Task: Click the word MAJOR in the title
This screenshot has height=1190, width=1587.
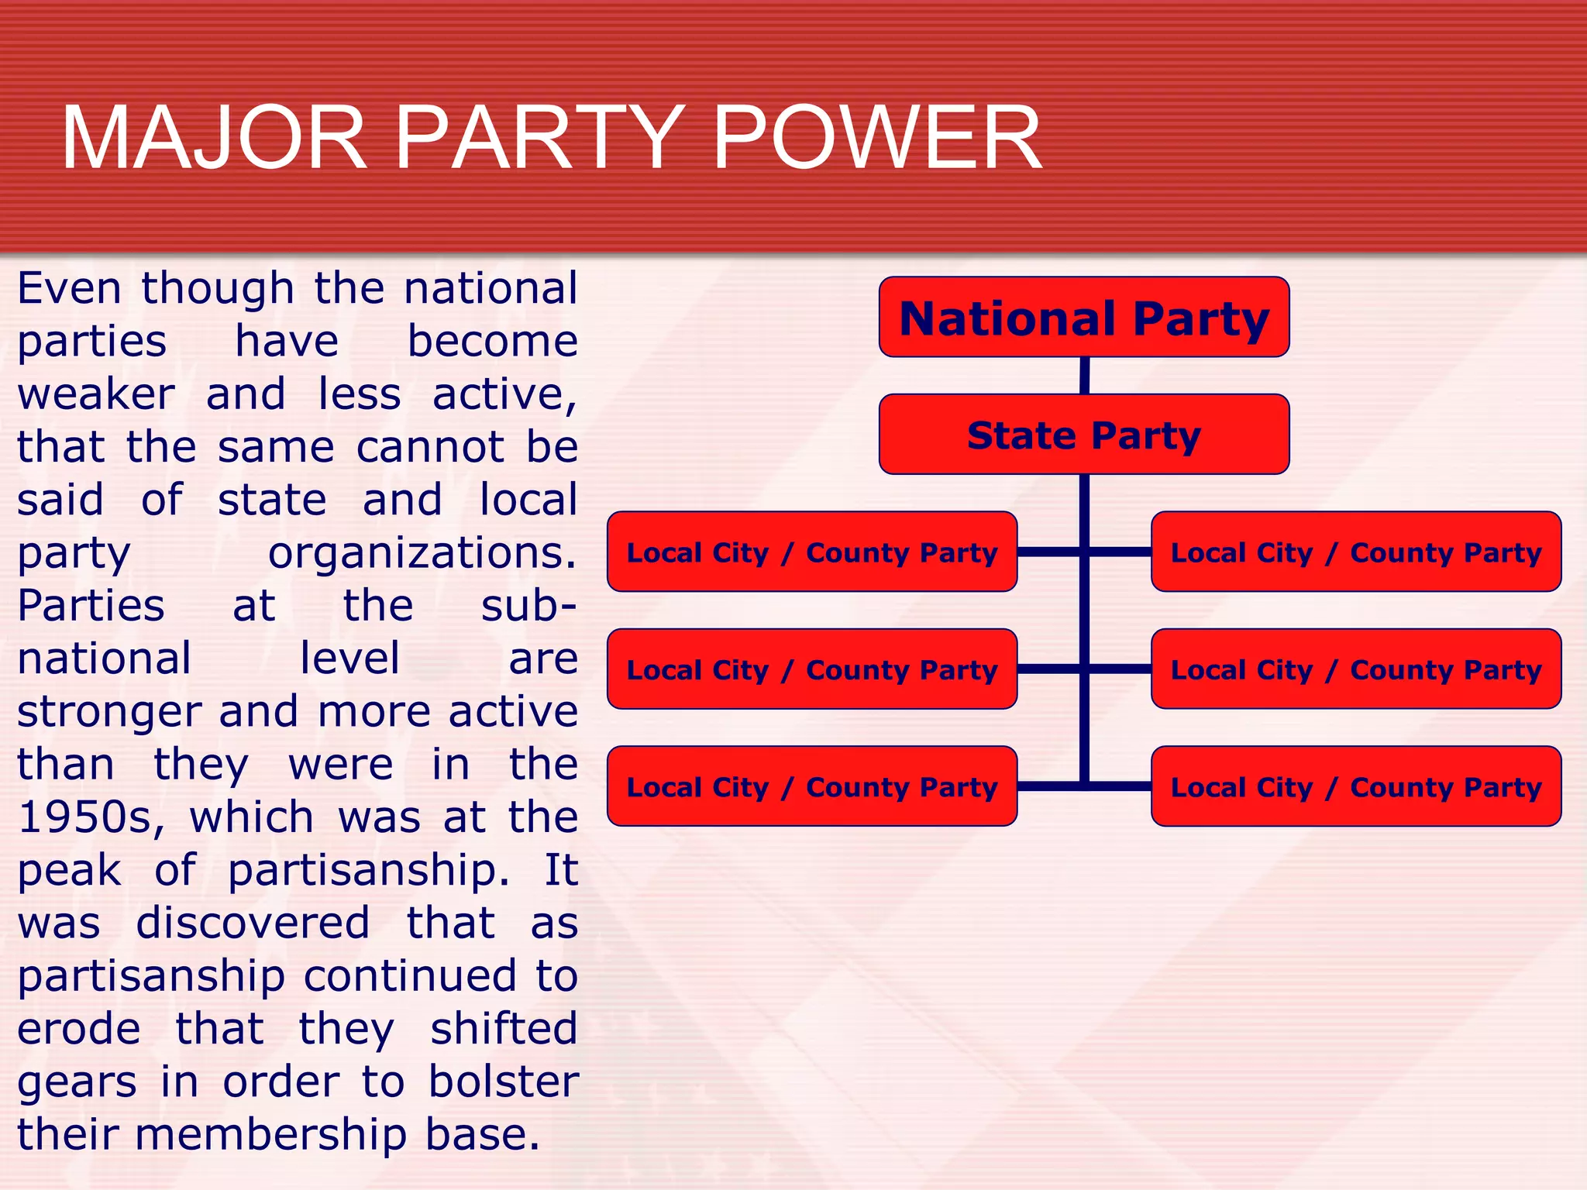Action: (x=214, y=139)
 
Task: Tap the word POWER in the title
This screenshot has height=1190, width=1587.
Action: (x=876, y=139)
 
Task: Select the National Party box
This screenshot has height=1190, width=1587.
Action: (x=1083, y=318)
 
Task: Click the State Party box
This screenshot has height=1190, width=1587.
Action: (x=1083, y=435)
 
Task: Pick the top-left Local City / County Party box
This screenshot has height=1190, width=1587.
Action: (x=811, y=552)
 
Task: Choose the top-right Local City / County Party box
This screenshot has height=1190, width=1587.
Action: (x=1355, y=552)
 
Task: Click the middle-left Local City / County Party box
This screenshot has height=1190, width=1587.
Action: (x=811, y=669)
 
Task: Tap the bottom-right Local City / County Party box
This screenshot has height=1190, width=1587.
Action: (x=1355, y=786)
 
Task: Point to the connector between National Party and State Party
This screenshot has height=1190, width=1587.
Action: (x=1084, y=376)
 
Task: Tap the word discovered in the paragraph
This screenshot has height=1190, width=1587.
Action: (x=253, y=923)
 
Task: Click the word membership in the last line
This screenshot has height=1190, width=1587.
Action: (x=270, y=1136)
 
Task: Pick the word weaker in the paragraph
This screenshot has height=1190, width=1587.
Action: (x=96, y=394)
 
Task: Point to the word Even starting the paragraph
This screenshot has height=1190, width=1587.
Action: (x=69, y=289)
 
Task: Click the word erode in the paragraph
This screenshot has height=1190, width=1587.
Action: (x=79, y=1030)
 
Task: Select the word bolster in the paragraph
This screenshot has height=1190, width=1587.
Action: (x=503, y=1082)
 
